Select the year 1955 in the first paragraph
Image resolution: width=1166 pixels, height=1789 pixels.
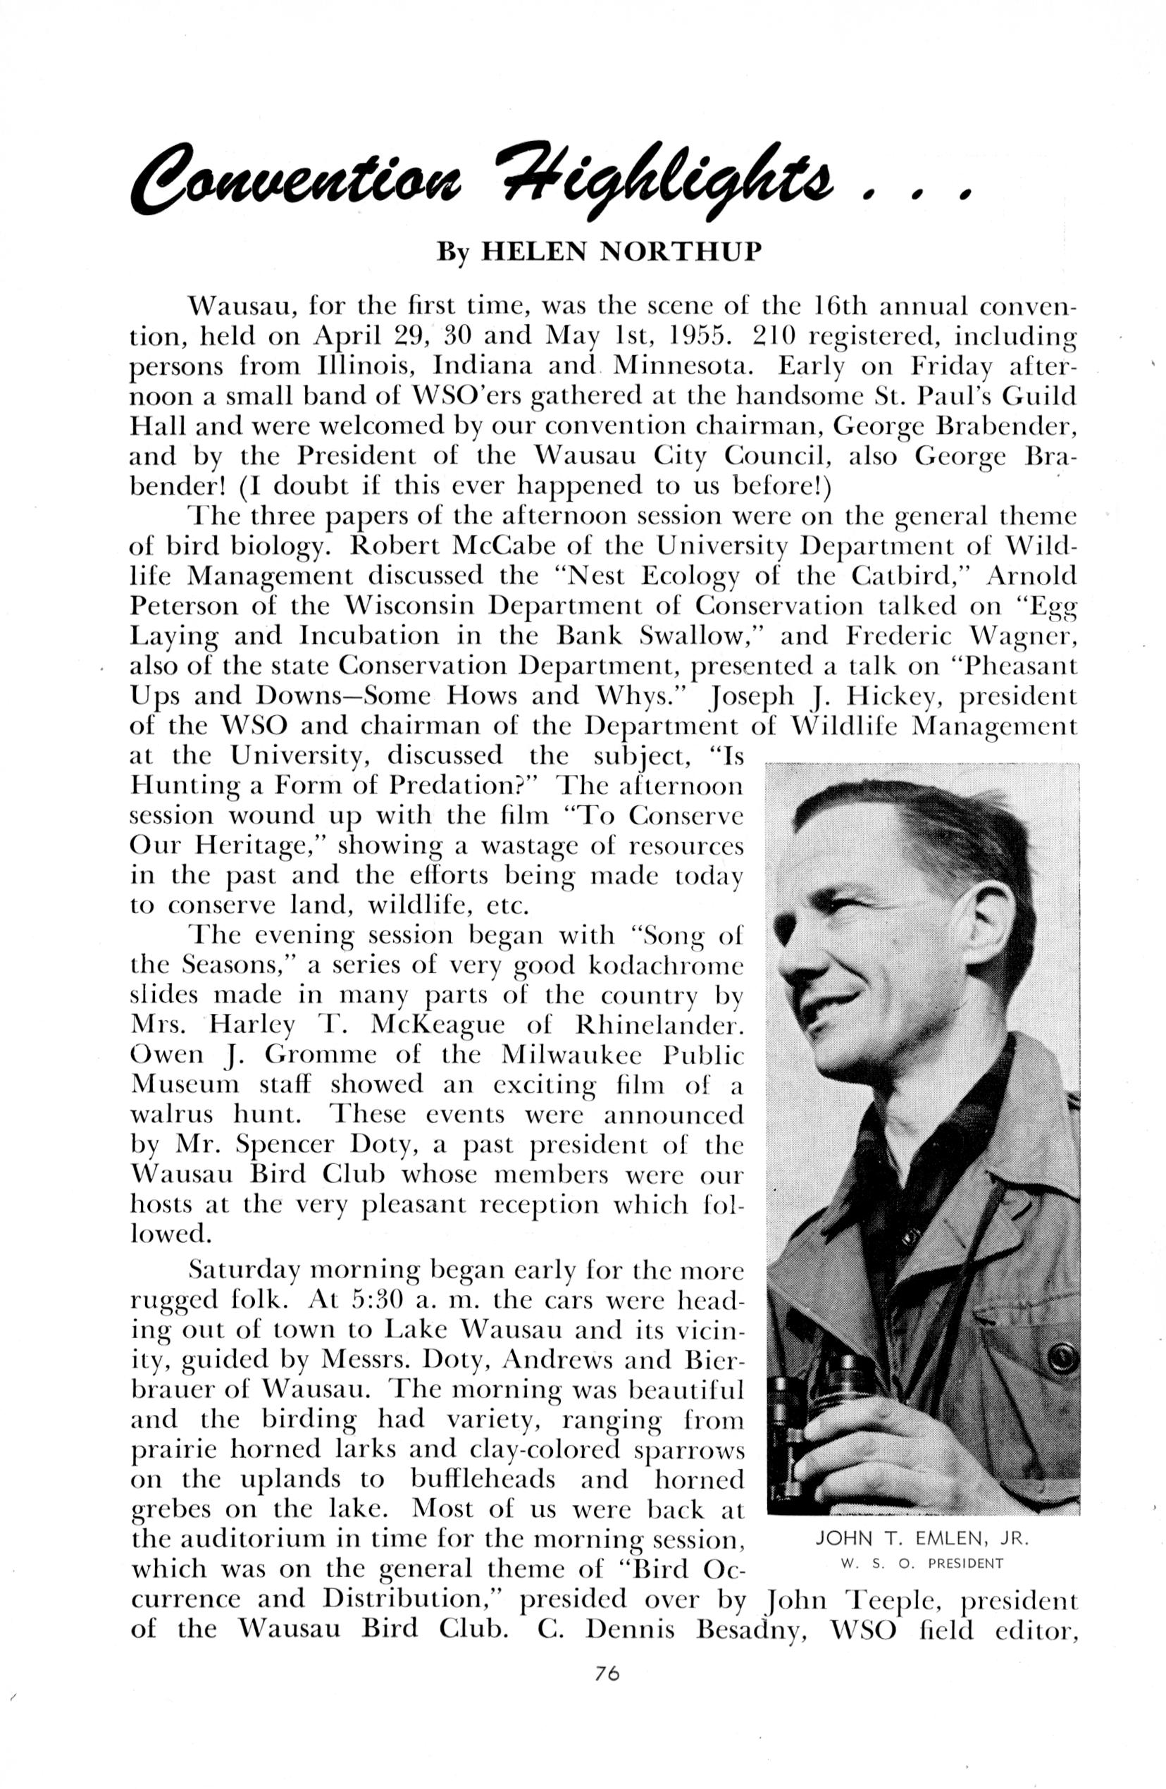click(x=693, y=335)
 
